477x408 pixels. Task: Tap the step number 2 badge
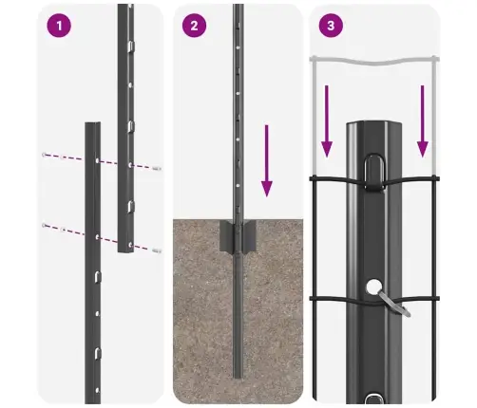click(194, 27)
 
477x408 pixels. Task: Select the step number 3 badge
click(330, 27)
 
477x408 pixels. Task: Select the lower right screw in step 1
click(156, 250)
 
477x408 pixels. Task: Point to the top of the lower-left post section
click(90, 124)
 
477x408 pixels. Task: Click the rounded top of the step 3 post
click(374, 126)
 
